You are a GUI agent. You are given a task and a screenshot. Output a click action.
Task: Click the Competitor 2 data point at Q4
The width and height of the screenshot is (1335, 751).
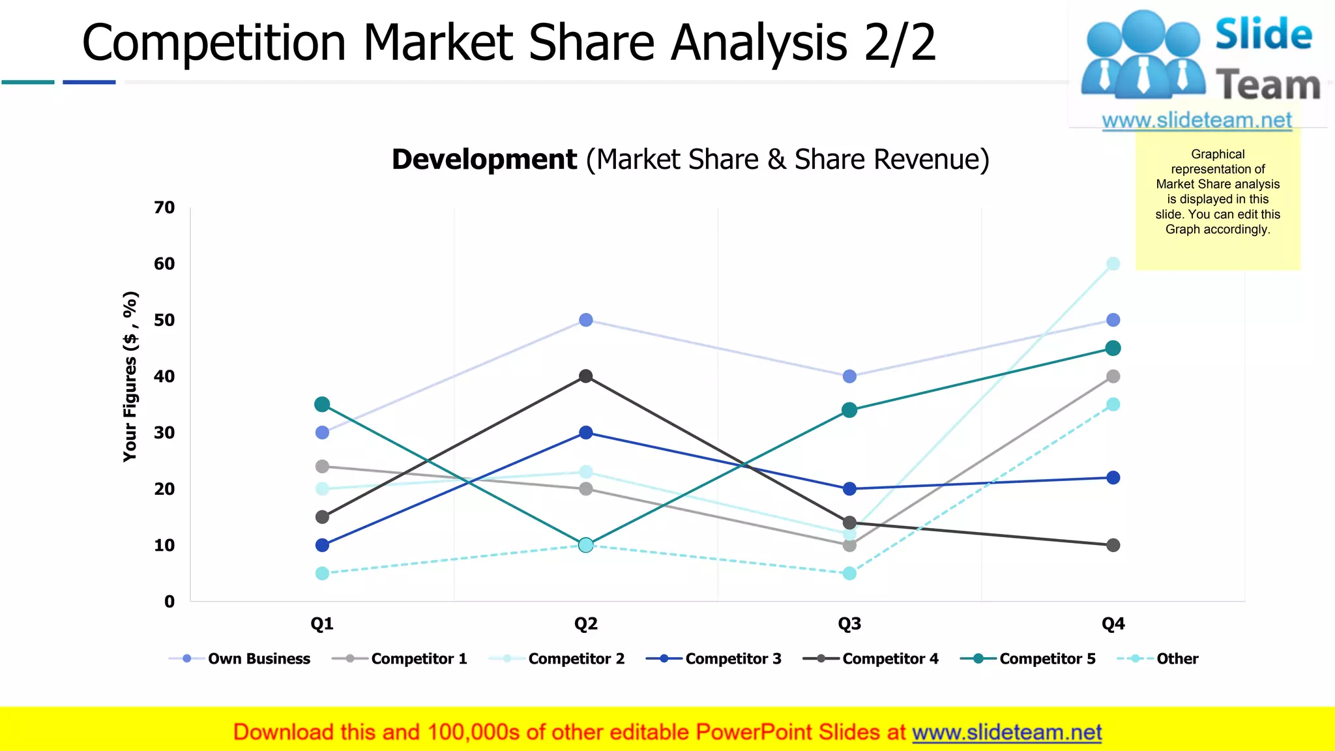click(x=1113, y=263)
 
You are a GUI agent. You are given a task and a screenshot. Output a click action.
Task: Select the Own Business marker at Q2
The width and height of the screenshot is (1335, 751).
click(x=585, y=319)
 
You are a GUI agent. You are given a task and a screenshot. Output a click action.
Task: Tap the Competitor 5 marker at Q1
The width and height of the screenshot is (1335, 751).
click(x=322, y=404)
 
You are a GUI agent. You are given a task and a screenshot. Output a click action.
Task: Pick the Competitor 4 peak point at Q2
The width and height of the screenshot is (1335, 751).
click(x=585, y=376)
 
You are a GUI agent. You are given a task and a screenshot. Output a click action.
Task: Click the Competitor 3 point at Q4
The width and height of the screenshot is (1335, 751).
click(x=1113, y=478)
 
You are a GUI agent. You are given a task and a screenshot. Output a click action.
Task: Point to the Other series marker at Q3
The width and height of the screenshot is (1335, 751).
click(x=849, y=573)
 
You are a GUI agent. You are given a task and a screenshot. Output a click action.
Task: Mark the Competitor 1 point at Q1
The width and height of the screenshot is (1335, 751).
click(x=322, y=466)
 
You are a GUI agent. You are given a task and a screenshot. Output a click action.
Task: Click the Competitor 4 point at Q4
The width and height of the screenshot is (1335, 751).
click(x=1113, y=545)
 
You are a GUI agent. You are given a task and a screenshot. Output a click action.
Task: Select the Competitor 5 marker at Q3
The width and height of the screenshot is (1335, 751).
click(x=849, y=410)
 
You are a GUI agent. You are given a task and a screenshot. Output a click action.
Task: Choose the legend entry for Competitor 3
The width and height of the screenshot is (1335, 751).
click(x=733, y=658)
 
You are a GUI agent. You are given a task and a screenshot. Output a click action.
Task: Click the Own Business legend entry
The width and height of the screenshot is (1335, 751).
click(x=259, y=658)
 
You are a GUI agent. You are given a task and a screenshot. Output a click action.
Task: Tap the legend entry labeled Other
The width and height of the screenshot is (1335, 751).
click(x=1177, y=658)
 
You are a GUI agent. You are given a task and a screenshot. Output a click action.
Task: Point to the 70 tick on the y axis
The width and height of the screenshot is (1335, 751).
click(x=164, y=207)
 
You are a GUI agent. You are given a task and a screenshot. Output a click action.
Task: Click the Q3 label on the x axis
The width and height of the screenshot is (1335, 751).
click(x=849, y=624)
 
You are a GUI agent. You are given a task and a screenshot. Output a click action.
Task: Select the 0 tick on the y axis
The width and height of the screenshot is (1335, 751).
click(x=169, y=601)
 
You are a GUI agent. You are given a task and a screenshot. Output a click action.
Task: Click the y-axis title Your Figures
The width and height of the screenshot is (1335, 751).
click(x=130, y=377)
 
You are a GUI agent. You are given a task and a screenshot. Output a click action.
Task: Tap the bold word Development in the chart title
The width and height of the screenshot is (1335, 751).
click(x=484, y=160)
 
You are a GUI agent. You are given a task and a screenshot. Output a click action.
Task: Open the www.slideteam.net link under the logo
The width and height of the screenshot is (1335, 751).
click(x=1197, y=120)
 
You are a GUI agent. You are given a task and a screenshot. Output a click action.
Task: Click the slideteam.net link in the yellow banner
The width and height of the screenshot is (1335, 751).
click(x=1006, y=732)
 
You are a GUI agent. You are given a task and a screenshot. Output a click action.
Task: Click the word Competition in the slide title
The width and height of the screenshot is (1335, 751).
click(x=214, y=43)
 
